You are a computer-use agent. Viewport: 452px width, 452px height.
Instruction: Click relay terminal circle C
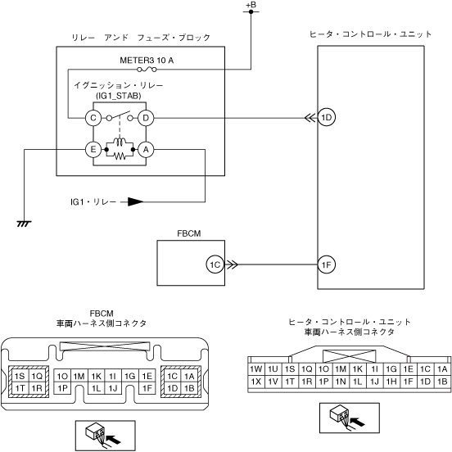[93, 118]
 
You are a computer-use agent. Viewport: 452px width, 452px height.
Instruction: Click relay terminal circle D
[146, 118]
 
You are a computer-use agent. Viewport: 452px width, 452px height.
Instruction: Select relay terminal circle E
[93, 149]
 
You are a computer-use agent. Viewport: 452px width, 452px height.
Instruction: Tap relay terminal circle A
[146, 149]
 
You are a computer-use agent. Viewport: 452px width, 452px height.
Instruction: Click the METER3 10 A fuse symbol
[147, 69]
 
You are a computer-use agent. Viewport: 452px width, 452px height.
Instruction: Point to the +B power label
[251, 5]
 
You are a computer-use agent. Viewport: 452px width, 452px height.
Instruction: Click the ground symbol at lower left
[25, 224]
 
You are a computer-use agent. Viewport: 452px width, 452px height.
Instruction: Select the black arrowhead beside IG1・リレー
[135, 201]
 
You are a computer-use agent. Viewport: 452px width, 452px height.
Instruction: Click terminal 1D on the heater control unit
[327, 117]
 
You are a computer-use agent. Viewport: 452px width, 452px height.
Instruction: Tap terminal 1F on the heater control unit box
[327, 264]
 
